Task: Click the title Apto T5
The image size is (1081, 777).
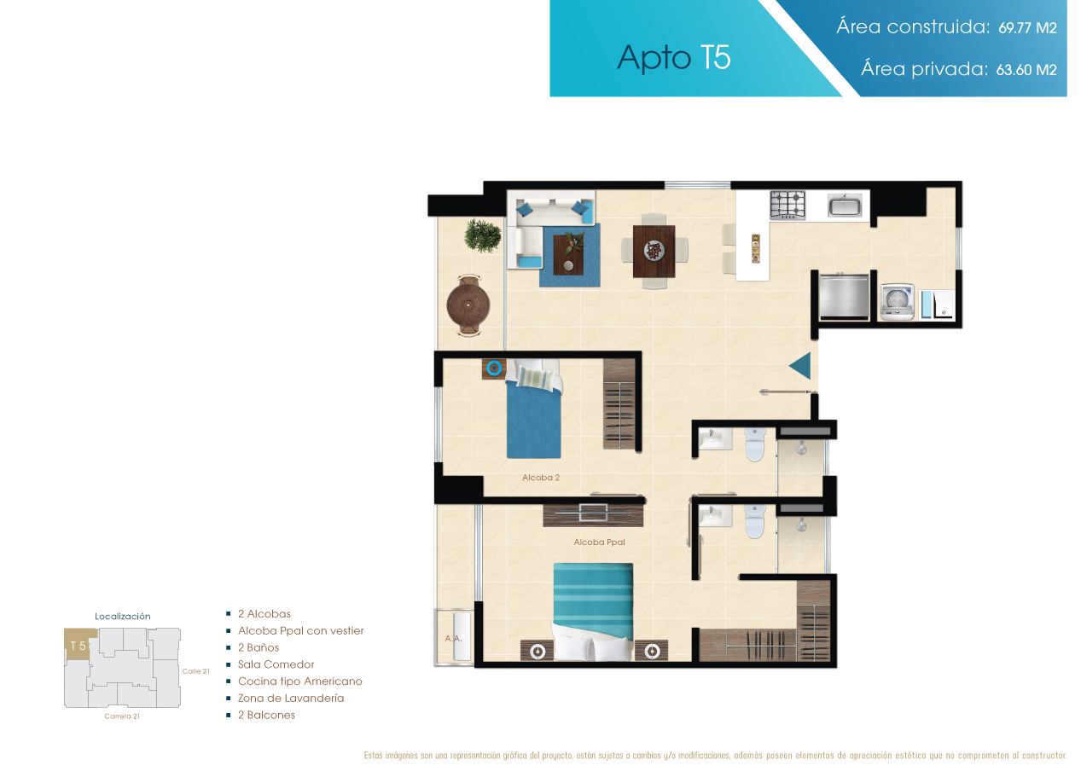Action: click(x=674, y=58)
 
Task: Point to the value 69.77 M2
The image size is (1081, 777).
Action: click(x=1027, y=27)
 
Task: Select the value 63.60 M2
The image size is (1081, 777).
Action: click(x=1026, y=70)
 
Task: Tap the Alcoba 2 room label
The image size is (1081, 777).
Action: click(x=541, y=478)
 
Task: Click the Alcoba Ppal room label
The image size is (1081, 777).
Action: click(x=599, y=542)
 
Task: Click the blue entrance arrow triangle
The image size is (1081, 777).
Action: click(x=802, y=366)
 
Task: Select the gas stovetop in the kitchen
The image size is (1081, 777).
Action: click(x=788, y=205)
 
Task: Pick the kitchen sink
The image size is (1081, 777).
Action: click(x=845, y=205)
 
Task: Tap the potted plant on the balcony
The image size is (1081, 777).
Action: click(x=482, y=235)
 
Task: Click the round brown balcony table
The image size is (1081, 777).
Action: click(x=468, y=304)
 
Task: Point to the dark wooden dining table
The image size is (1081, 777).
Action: click(x=654, y=251)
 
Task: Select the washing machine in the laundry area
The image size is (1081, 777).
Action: click(x=896, y=302)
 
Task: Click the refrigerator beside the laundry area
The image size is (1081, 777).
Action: click(x=844, y=296)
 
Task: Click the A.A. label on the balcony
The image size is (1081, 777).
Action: click(x=453, y=639)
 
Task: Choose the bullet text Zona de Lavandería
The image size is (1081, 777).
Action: click(x=291, y=698)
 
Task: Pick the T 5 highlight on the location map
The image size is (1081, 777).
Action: click(x=79, y=645)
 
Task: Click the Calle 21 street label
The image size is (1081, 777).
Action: click(x=196, y=671)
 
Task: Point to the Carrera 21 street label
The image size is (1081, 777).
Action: click(x=122, y=716)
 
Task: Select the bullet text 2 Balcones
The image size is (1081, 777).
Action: click(x=266, y=715)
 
